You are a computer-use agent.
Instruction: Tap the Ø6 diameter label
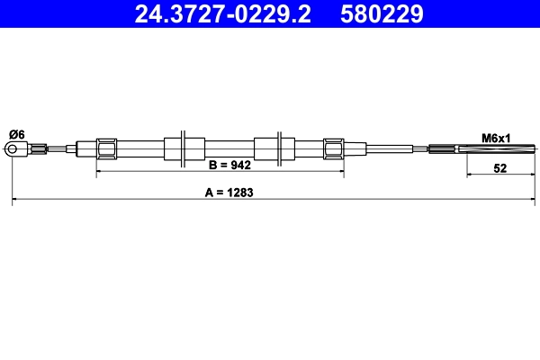pyautogui.click(x=16, y=134)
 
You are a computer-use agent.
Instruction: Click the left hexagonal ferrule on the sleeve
pyautogui.click(x=107, y=148)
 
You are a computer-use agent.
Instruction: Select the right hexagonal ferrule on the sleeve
pyautogui.click(x=333, y=148)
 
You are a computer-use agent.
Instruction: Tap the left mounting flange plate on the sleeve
pyautogui.click(x=184, y=148)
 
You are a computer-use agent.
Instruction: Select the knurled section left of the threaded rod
pyautogui.click(x=445, y=148)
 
